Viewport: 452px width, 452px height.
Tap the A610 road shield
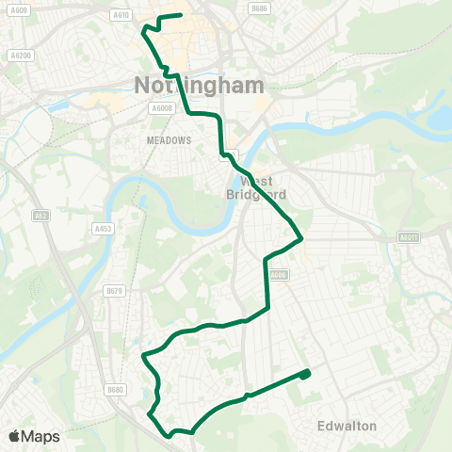click(121, 14)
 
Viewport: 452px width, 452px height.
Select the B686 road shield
click(260, 8)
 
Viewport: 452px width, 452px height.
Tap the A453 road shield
click(103, 228)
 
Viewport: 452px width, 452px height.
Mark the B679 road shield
click(115, 291)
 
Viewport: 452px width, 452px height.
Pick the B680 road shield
click(116, 389)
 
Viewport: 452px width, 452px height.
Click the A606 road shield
click(276, 275)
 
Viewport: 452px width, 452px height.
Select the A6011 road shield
click(408, 237)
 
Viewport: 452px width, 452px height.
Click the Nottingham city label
click(203, 83)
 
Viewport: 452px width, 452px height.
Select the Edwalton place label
click(347, 426)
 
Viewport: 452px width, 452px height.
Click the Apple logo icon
click(15, 436)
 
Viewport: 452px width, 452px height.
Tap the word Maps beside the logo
click(41, 437)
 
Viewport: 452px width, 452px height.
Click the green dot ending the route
click(305, 375)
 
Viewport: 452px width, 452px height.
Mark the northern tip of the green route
click(179, 16)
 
